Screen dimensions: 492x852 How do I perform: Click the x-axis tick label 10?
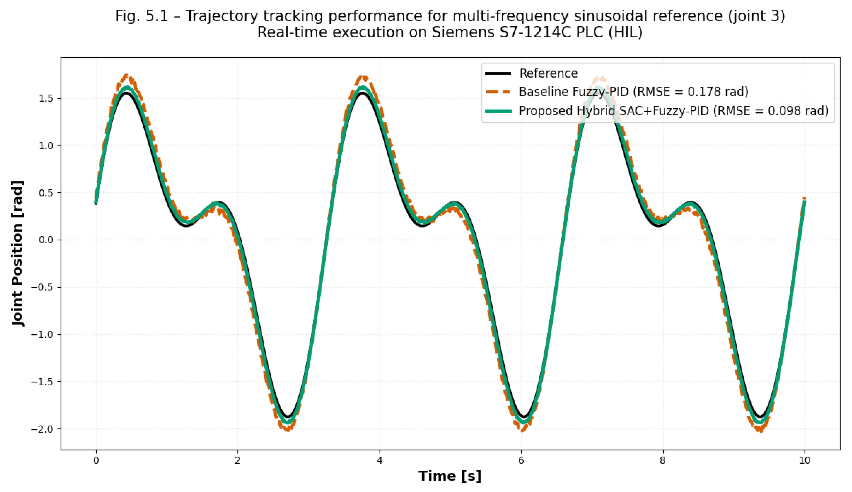804,460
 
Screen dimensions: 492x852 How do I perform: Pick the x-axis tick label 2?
237,460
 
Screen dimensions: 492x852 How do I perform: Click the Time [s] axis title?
450,476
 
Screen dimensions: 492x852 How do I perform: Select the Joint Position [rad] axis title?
17,253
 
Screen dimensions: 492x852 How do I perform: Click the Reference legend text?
548,73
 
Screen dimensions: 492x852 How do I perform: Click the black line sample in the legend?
498,73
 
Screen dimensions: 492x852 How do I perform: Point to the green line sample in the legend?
498,111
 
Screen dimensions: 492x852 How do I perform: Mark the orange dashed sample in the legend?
498,92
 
